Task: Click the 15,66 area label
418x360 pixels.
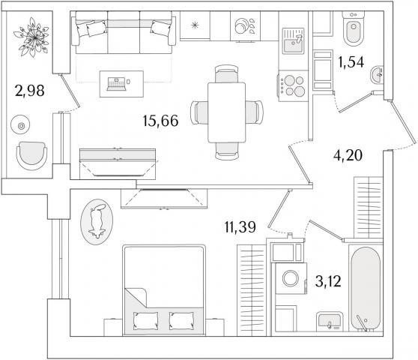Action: [x=160, y=121]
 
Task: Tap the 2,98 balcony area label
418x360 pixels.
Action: [x=30, y=91]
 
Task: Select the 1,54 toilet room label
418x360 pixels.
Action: [x=351, y=62]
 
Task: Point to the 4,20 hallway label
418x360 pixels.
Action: [x=348, y=155]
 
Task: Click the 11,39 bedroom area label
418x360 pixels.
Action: [x=240, y=227]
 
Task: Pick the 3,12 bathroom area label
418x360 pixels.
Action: [x=328, y=281]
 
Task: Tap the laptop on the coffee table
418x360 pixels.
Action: [x=116, y=84]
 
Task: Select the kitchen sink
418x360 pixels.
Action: [x=293, y=41]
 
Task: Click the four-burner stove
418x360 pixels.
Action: [x=293, y=85]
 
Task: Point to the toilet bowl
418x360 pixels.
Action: [x=354, y=28]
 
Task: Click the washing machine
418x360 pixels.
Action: [x=291, y=278]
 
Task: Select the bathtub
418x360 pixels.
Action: [x=366, y=289]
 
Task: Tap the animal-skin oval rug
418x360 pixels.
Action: [x=97, y=221]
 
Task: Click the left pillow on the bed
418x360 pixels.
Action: [x=145, y=321]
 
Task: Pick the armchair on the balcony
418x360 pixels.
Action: [x=31, y=156]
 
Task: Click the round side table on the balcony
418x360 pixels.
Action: [x=20, y=124]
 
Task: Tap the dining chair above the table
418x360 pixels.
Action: [x=226, y=74]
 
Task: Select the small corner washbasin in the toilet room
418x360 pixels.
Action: [x=377, y=75]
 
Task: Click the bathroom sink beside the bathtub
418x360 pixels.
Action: [x=330, y=322]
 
